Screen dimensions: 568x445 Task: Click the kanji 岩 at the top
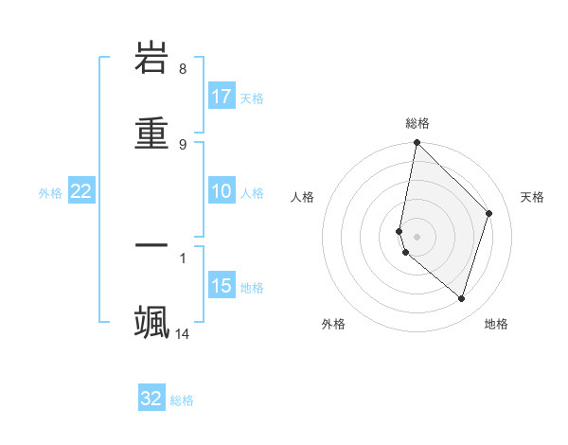(x=151, y=59)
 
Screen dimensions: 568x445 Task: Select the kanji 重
(x=151, y=133)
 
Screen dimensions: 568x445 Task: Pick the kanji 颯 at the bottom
(x=151, y=321)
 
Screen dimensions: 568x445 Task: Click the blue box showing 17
(x=222, y=97)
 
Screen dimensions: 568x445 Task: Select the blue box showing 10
(x=222, y=191)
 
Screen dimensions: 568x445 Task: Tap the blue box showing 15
(x=222, y=286)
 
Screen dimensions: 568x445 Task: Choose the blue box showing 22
(x=81, y=191)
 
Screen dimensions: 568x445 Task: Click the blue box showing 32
(x=151, y=399)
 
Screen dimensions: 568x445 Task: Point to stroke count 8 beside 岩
(x=183, y=69)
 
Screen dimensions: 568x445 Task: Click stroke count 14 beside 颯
(x=183, y=333)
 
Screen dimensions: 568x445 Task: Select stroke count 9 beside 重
(x=183, y=144)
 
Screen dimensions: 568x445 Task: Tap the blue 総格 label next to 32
(x=183, y=400)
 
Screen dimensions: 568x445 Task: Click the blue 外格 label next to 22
(x=50, y=192)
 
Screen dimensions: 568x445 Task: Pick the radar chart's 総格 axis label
(x=417, y=123)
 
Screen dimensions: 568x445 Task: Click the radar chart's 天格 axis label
(x=532, y=197)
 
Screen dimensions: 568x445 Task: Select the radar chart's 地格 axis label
(x=496, y=324)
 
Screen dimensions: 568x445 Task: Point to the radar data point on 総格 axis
(x=417, y=142)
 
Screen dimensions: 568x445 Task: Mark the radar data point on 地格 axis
(x=461, y=298)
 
